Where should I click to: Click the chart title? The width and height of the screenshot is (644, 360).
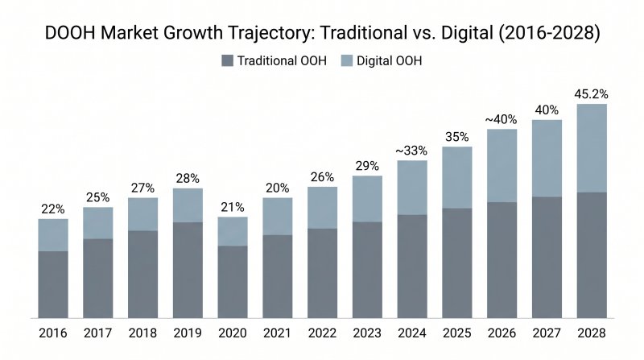click(x=322, y=35)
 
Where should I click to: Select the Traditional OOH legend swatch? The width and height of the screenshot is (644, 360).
click(x=227, y=61)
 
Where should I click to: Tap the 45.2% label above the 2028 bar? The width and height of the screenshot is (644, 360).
click(x=592, y=93)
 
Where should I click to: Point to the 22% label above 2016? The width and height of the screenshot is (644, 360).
click(x=53, y=209)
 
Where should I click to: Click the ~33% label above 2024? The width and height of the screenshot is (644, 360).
click(x=412, y=150)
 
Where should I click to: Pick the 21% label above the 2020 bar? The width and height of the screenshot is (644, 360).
click(x=233, y=206)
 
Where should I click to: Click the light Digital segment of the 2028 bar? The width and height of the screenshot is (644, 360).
click(x=592, y=147)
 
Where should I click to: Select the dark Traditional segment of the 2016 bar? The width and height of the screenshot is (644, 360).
click(x=53, y=284)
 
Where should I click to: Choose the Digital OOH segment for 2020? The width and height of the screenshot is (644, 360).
click(x=233, y=231)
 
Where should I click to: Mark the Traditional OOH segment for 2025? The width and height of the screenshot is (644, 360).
click(x=457, y=263)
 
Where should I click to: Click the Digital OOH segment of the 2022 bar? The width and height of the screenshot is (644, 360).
click(x=323, y=208)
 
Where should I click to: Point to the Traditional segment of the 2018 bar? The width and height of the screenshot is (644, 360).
click(x=143, y=274)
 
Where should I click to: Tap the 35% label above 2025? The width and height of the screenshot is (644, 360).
click(x=457, y=136)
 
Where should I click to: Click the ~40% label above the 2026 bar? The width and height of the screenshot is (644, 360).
click(x=502, y=118)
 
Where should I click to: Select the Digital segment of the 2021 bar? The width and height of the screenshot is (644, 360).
click(x=278, y=217)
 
